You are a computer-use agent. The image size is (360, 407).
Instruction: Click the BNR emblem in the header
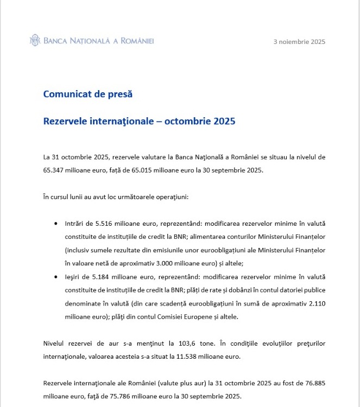(35, 41)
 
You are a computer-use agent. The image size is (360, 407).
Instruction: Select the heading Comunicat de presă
(88, 94)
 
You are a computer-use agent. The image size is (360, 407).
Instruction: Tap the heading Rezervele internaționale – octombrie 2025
(139, 121)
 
